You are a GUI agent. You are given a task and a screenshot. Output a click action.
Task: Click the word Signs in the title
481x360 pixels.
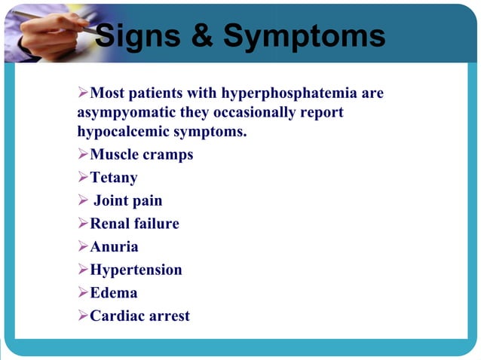[x=139, y=35]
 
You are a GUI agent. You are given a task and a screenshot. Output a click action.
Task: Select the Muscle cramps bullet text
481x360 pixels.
[x=141, y=154]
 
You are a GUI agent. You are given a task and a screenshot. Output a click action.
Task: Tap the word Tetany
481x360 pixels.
[x=113, y=178]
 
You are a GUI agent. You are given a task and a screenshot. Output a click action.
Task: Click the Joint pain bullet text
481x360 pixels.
[x=127, y=201]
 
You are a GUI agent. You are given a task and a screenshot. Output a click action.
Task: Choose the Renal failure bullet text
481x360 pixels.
[x=134, y=224]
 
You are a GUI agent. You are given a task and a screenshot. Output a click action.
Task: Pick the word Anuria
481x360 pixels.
[x=114, y=247]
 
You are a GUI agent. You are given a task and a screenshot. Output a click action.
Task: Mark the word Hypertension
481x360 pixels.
[x=136, y=270]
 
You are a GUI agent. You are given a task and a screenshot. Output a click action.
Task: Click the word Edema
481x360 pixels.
[x=113, y=293]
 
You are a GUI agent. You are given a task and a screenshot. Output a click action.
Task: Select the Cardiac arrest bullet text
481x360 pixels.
[x=139, y=316]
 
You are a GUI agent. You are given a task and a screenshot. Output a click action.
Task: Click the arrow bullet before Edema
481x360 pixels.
[x=83, y=293]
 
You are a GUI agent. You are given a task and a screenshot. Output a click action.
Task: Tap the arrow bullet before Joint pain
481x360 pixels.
[x=83, y=201]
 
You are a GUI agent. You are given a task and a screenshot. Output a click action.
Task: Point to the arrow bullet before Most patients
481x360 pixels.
[x=83, y=93]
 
